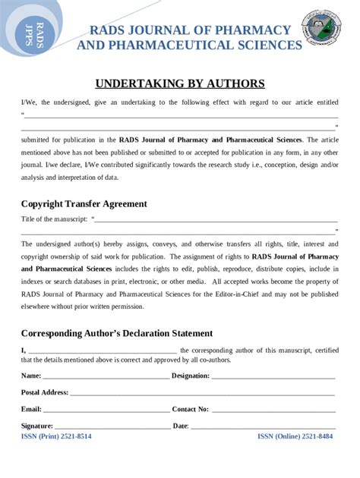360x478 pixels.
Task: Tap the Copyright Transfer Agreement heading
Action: click(x=84, y=203)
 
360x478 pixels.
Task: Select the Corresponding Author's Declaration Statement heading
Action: click(x=116, y=333)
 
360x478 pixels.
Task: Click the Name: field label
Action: click(x=31, y=376)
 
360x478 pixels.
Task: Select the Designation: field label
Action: click(x=191, y=376)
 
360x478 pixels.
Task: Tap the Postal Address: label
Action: click(x=45, y=392)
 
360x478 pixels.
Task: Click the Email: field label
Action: click(x=31, y=409)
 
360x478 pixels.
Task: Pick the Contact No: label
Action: click(x=190, y=409)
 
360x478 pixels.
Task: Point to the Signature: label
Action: click(x=37, y=426)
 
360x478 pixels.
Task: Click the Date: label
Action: click(x=181, y=426)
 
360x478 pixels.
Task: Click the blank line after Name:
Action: click(x=106, y=377)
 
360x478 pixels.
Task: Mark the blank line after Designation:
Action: click(x=273, y=377)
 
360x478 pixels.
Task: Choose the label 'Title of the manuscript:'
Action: click(x=54, y=219)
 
